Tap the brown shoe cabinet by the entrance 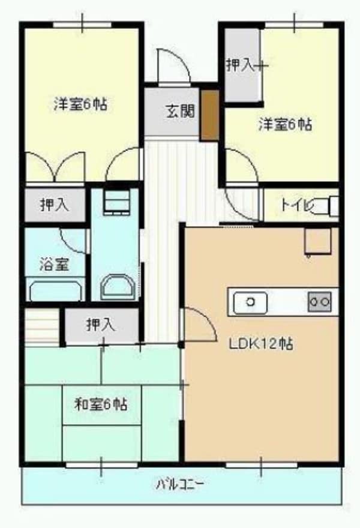coord(209,115)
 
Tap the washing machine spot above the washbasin coord(116,201)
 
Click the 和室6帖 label coord(100,404)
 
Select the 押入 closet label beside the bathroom coord(55,205)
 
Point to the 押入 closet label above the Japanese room coord(100,326)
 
